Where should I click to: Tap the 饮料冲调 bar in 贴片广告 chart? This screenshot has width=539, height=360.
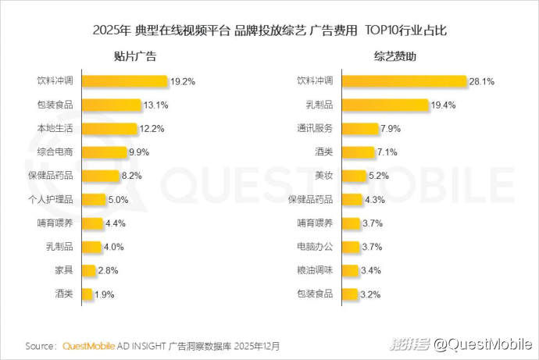(125, 80)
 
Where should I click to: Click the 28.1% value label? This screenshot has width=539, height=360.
(482, 80)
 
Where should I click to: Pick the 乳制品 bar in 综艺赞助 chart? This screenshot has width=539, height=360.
(386, 105)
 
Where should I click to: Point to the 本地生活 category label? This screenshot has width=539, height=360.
(56, 128)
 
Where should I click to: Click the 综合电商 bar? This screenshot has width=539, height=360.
(105, 152)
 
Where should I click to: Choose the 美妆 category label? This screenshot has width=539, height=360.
(323, 176)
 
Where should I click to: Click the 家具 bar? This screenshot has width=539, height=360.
(87, 270)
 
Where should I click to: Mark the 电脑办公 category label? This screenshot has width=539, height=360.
(316, 247)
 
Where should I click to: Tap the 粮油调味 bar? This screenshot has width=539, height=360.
(351, 270)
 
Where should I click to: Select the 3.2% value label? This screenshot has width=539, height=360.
(370, 294)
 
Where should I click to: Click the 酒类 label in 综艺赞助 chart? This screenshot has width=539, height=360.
(323, 151)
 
